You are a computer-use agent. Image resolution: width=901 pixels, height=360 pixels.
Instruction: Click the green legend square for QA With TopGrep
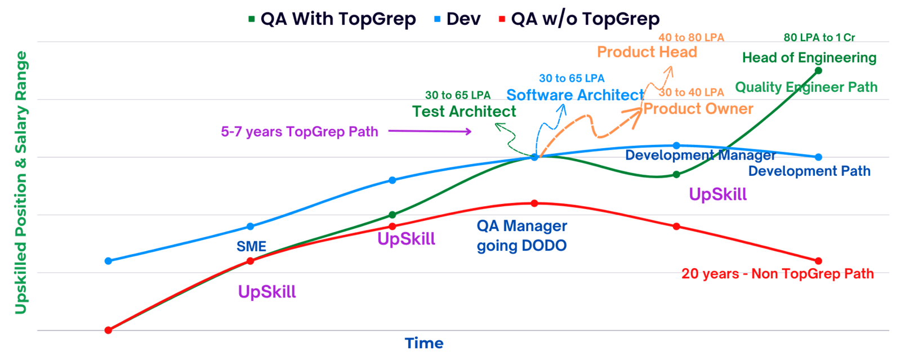click(252, 19)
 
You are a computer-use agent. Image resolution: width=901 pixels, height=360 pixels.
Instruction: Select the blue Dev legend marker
click(438, 19)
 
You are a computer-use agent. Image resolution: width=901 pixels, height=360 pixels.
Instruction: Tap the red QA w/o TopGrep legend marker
click(502, 19)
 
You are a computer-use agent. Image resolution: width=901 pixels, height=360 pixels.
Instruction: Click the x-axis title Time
click(424, 343)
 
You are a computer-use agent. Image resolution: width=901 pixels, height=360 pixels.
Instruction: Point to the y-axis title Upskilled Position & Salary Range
click(21, 182)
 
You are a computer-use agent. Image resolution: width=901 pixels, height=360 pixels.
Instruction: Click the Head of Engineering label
click(809, 57)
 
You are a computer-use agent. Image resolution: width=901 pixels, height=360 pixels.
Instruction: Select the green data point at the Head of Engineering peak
click(818, 70)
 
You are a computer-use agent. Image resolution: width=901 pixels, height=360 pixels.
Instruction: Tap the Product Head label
click(647, 52)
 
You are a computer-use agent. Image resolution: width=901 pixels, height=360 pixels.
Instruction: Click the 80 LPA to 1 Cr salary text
click(819, 37)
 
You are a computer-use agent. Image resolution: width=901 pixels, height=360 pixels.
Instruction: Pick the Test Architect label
click(464, 112)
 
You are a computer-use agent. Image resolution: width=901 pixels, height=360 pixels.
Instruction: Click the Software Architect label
click(575, 95)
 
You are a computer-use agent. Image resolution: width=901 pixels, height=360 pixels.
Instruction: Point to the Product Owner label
click(698, 108)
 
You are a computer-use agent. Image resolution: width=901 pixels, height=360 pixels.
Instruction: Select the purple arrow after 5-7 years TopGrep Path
click(430, 131)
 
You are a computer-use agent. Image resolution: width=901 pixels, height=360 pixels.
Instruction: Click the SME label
click(251, 246)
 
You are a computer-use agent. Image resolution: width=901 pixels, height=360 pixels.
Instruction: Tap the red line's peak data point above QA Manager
click(534, 203)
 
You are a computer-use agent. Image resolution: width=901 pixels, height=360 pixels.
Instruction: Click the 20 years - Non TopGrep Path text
click(778, 274)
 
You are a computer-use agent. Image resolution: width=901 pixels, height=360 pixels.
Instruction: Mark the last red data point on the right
click(818, 261)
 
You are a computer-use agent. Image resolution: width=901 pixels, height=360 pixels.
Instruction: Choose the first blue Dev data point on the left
click(109, 261)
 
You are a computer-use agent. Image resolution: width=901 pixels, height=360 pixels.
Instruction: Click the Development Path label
click(809, 171)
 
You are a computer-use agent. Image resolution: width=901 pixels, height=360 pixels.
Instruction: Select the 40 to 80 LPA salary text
click(692, 37)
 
